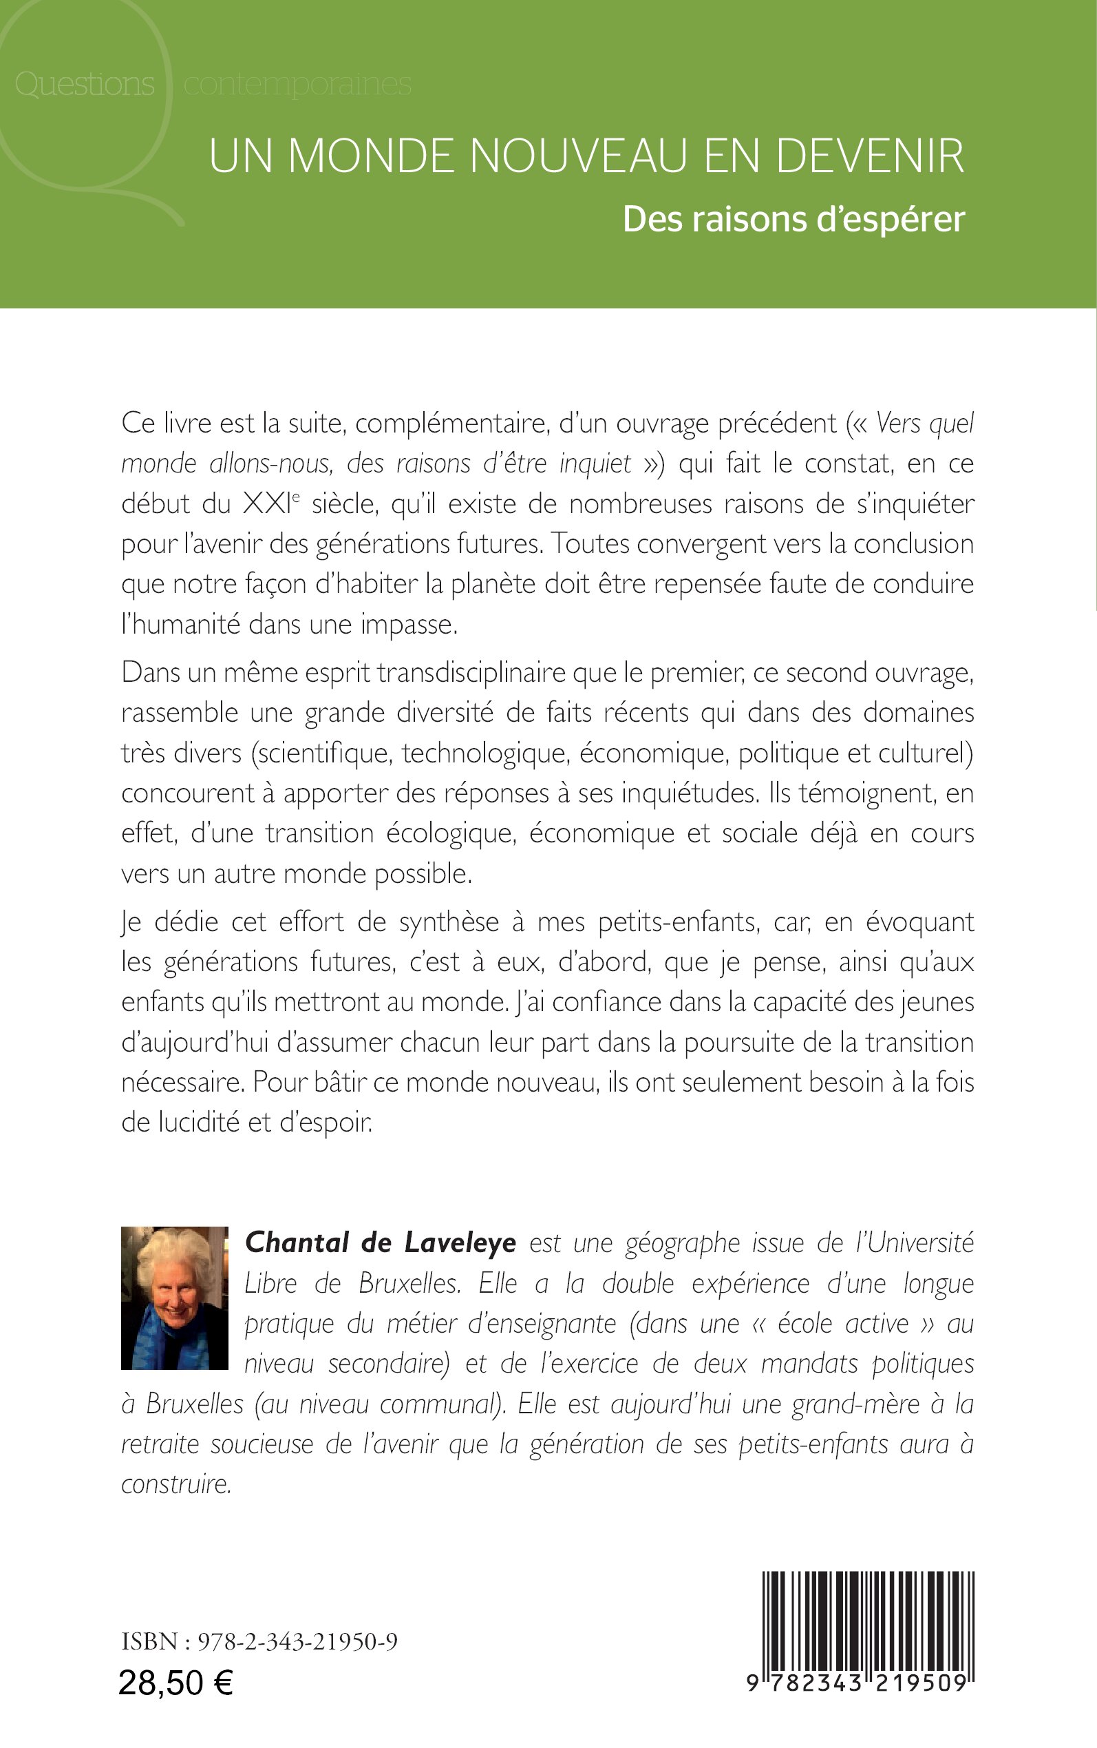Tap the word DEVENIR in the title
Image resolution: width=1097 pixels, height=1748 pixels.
pyautogui.click(x=870, y=156)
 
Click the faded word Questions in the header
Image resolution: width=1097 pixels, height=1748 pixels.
pyautogui.click(x=84, y=84)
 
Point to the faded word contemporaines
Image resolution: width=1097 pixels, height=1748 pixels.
pyautogui.click(x=297, y=84)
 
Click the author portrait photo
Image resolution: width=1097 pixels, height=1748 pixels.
pyautogui.click(x=174, y=1298)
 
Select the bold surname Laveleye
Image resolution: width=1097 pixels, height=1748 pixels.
pyautogui.click(x=460, y=1242)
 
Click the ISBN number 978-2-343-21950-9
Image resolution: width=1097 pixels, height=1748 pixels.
pyautogui.click(x=297, y=1642)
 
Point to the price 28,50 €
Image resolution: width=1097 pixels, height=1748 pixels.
pyautogui.click(x=175, y=1683)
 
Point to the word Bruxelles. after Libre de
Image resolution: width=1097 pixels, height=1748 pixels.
pyautogui.click(x=410, y=1283)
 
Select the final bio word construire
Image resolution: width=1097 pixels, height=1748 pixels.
pyautogui.click(x=176, y=1484)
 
